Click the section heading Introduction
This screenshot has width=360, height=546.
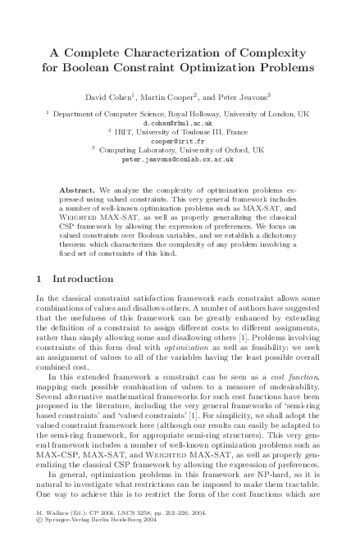(x=84, y=279)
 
